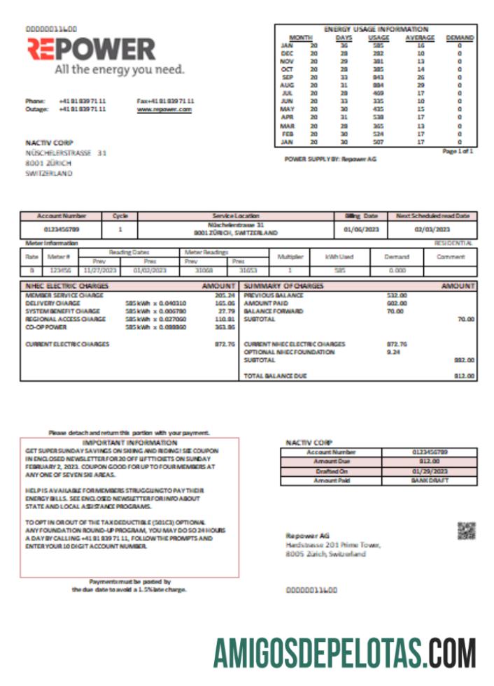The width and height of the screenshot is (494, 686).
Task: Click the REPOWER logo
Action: [92, 50]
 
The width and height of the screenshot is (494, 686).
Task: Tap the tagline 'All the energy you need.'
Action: [120, 70]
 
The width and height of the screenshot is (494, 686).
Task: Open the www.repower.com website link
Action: [164, 110]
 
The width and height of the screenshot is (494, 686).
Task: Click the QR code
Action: [466, 531]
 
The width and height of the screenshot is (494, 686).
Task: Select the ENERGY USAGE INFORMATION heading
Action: [376, 29]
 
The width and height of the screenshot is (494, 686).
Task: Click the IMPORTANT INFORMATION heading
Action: [130, 443]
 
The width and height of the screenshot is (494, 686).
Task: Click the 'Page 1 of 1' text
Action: [458, 151]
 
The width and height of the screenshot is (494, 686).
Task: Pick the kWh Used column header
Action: [339, 257]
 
